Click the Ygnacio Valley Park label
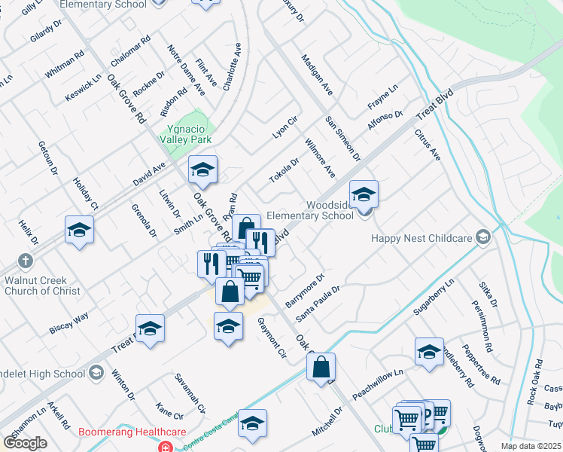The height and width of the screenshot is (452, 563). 185,133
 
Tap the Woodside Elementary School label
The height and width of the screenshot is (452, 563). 330,210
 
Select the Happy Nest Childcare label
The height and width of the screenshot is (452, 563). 421,238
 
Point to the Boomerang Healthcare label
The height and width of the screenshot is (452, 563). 132,432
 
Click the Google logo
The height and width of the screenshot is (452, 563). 25,442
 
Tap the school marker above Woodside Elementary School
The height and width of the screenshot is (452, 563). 364,194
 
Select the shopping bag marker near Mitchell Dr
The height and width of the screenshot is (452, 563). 321,367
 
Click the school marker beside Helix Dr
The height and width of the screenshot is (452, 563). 79,229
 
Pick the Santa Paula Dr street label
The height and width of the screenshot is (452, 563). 318,300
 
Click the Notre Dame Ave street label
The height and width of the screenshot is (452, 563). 186,70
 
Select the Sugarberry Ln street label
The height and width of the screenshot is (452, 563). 434,297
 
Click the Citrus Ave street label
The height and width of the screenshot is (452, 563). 427,144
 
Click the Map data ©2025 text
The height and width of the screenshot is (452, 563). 531,446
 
